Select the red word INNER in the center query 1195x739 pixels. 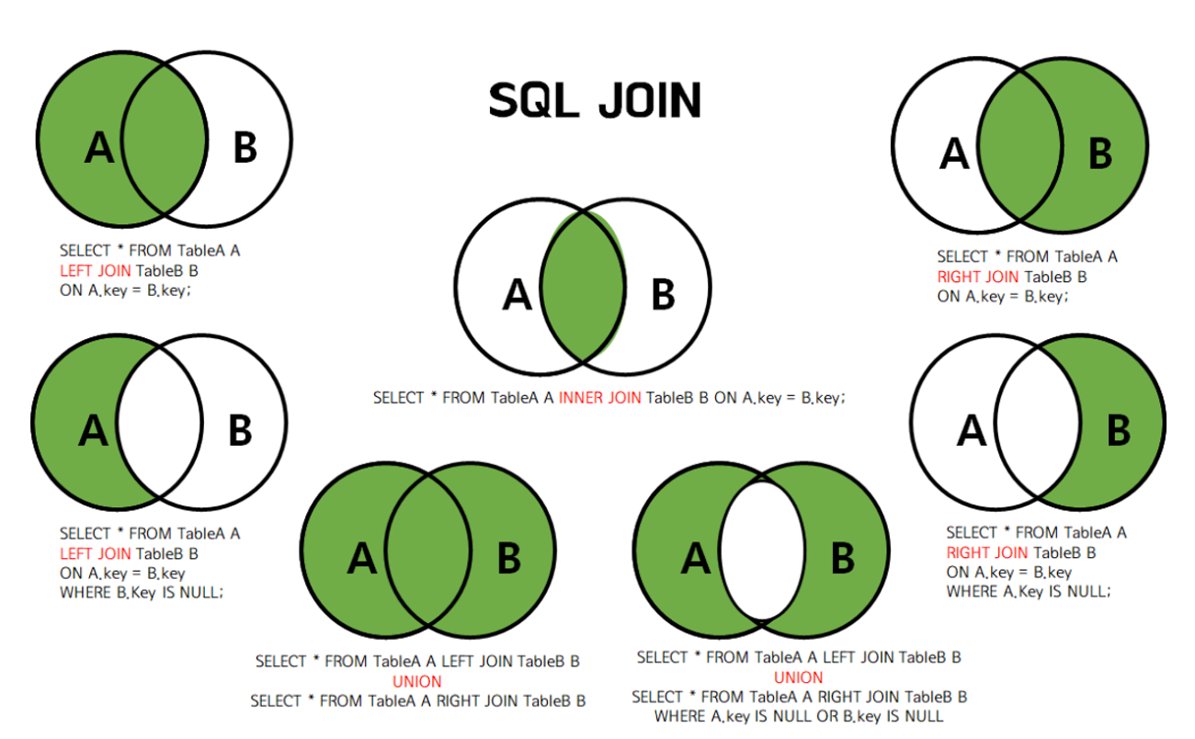click(581, 398)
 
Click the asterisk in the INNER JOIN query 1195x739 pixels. click(432, 396)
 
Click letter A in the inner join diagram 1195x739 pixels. click(518, 296)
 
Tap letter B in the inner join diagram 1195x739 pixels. click(663, 296)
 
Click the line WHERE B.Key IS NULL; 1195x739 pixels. click(142, 593)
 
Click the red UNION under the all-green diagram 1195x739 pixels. click(417, 681)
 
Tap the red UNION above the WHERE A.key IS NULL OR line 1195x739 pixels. click(798, 677)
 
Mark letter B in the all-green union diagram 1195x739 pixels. click(508, 558)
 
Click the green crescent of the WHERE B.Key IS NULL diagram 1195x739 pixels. click(74, 430)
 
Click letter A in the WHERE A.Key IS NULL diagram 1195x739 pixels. click(972, 430)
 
